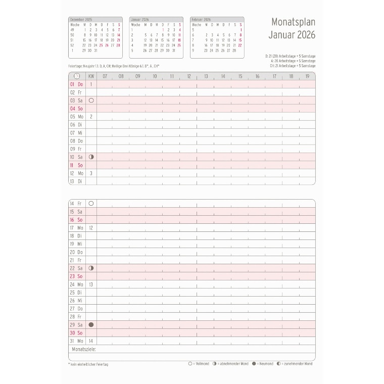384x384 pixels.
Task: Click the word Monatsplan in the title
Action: coord(293,23)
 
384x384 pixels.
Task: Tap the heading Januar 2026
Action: coord(293,35)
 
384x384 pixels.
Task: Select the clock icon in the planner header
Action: coord(76,76)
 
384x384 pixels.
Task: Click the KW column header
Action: coord(91,76)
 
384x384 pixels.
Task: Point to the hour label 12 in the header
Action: coord(188,76)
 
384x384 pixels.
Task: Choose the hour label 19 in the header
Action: coord(307,76)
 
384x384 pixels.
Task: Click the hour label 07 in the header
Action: coord(105,76)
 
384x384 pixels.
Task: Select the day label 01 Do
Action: coord(76,84)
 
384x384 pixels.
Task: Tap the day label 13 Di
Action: coord(76,181)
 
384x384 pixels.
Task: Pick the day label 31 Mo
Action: coord(76,341)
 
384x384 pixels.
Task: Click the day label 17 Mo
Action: coord(76,228)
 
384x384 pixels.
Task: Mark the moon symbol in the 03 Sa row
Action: coord(91,101)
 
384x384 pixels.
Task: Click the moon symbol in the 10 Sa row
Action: coord(91,157)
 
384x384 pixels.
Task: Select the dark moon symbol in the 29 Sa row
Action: coord(91,325)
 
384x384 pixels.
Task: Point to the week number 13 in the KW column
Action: coord(91,284)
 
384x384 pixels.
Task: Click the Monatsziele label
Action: coord(84,349)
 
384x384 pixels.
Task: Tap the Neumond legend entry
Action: coord(262,364)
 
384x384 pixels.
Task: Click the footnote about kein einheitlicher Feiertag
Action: coord(88,364)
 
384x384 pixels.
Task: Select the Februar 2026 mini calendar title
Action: coord(201,20)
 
